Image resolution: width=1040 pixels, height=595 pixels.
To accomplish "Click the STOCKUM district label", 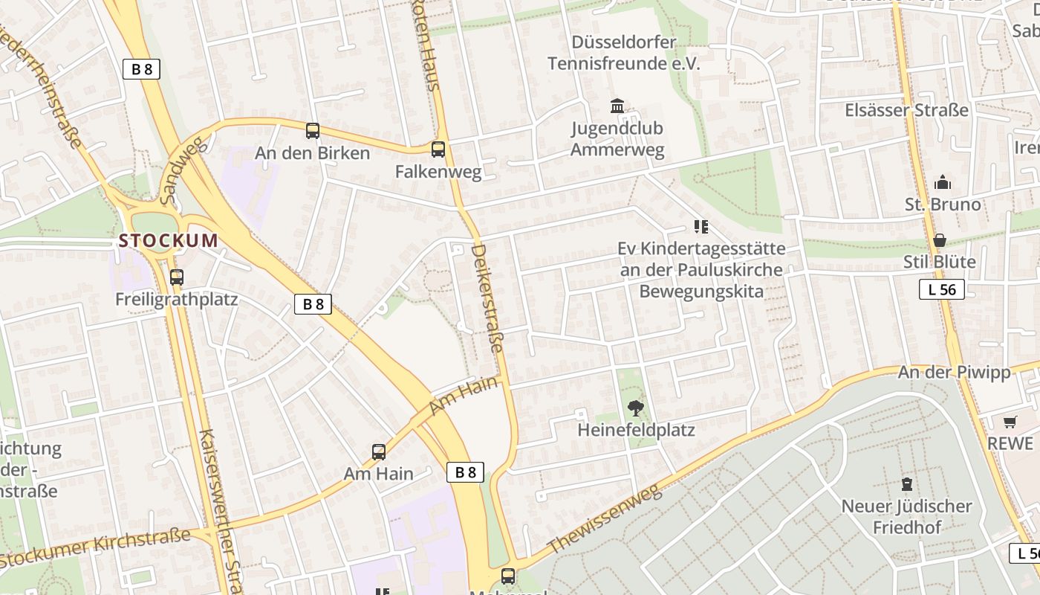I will pyautogui.click(x=169, y=241).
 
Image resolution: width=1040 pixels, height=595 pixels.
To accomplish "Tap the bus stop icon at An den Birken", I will pyautogui.click(x=313, y=131).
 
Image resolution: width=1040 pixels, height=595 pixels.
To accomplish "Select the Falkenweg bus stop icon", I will pyautogui.click(x=438, y=149).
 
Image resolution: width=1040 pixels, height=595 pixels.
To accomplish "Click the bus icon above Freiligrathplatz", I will pyautogui.click(x=177, y=277).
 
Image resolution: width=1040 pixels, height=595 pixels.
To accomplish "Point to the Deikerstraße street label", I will pyautogui.click(x=487, y=298).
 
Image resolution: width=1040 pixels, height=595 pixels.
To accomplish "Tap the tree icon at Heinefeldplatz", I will pyautogui.click(x=635, y=408).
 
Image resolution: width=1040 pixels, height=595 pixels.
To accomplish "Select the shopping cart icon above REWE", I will pyautogui.click(x=1010, y=422).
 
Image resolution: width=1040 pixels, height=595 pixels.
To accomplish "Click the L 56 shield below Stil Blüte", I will pyautogui.click(x=942, y=289).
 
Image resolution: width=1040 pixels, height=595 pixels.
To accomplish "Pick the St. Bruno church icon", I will pyautogui.click(x=943, y=182).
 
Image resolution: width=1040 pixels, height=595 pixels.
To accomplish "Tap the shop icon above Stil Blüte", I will pyautogui.click(x=940, y=239).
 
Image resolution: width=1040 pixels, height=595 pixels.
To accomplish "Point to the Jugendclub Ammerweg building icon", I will pyautogui.click(x=617, y=106).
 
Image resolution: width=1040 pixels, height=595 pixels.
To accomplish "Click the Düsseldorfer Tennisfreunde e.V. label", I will pyautogui.click(x=624, y=53).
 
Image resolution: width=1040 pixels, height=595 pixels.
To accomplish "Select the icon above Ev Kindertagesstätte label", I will pyautogui.click(x=701, y=226).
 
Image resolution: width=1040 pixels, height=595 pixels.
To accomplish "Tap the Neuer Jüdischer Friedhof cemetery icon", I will pyautogui.click(x=906, y=484).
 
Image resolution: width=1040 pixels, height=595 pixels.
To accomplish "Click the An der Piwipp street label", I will pyautogui.click(x=955, y=372).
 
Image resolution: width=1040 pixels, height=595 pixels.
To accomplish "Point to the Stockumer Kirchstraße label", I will pyautogui.click(x=97, y=547).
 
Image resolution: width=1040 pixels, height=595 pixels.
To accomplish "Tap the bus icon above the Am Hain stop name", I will pyautogui.click(x=379, y=451).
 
